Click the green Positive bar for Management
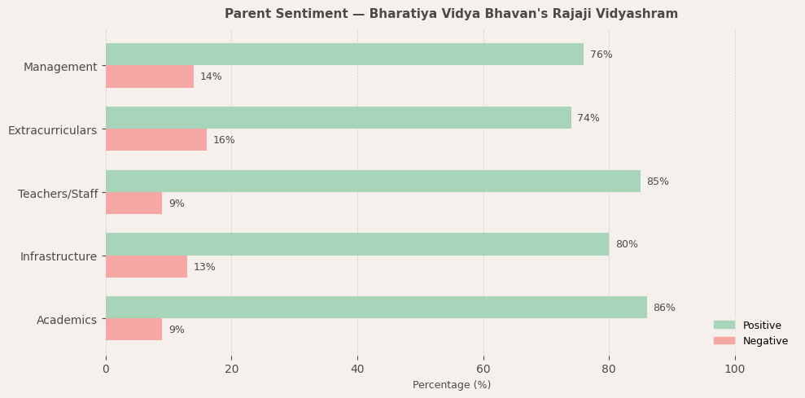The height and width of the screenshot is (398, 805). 344,55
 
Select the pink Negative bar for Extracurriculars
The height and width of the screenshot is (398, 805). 156,140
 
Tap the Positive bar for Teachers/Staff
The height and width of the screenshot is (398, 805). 373,182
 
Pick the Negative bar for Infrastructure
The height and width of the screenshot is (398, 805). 147,267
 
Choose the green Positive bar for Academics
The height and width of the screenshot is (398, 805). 376,308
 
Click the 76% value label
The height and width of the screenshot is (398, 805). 602,55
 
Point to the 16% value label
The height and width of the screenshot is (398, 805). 224,140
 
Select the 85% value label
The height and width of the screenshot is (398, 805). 658,182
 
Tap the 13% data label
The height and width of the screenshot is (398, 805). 204,267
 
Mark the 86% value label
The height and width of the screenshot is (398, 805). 664,308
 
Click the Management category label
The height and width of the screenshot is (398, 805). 60,67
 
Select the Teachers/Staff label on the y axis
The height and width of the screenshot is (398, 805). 58,194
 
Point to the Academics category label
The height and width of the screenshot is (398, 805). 67,320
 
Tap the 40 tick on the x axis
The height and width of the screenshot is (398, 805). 357,369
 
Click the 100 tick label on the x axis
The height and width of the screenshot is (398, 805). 735,369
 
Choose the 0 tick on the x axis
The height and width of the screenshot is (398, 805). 106,369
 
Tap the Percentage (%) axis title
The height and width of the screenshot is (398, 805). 452,385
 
